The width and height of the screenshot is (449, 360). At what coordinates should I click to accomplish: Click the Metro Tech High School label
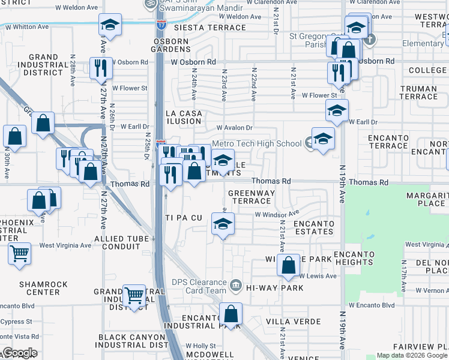pyautogui.click(x=256, y=143)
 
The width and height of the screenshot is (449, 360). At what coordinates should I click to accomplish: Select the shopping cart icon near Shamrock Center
pyautogui.click(x=20, y=253)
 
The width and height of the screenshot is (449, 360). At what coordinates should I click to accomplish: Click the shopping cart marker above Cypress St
pyautogui.click(x=134, y=295)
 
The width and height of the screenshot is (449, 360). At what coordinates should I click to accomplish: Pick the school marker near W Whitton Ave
pyautogui.click(x=110, y=25)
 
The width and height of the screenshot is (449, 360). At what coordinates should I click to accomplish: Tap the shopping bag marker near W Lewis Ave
pyautogui.click(x=289, y=265)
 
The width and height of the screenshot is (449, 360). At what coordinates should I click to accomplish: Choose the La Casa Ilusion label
pyautogui.click(x=183, y=117)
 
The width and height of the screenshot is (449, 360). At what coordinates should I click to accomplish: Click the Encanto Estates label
pyautogui.click(x=313, y=228)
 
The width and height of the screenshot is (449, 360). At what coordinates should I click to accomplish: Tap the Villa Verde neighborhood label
pyautogui.click(x=286, y=321)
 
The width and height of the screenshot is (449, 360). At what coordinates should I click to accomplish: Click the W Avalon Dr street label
pyautogui.click(x=235, y=128)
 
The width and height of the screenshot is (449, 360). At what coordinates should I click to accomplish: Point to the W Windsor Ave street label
pyautogui.click(x=277, y=214)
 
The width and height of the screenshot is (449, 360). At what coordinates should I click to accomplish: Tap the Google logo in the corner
pyautogui.click(x=19, y=353)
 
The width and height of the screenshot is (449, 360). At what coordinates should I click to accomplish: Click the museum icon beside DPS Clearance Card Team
pyautogui.click(x=236, y=284)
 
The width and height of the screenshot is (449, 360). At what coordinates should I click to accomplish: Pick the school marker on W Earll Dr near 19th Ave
pyautogui.click(x=337, y=110)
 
